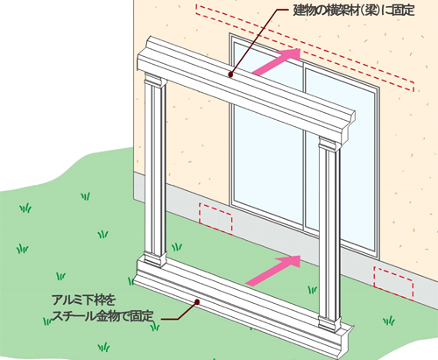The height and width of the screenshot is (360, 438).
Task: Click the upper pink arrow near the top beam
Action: click(x=276, y=61)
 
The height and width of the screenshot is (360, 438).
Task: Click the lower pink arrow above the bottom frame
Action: click(x=273, y=270)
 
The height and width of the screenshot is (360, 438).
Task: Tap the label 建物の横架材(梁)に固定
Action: click(x=354, y=11)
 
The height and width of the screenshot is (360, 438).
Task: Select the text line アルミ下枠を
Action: click(x=84, y=300)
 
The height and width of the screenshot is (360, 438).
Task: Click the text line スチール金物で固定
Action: click(x=102, y=316)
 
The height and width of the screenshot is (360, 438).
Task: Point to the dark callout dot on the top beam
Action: click(x=230, y=74)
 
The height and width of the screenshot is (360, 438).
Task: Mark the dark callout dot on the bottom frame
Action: click(x=197, y=302)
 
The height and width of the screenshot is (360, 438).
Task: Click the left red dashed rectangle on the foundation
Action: click(x=215, y=219)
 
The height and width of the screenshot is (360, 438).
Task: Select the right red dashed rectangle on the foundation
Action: click(x=393, y=283)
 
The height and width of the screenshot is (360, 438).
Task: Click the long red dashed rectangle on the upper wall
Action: click(x=305, y=47)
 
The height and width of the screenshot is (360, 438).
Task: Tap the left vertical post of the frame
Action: click(x=155, y=170)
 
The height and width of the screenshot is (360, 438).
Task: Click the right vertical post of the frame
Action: click(x=329, y=234)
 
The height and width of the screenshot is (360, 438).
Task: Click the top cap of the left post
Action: click(x=155, y=81)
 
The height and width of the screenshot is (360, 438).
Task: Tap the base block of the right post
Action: click(x=329, y=323)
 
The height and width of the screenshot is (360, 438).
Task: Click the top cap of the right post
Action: click(x=329, y=144)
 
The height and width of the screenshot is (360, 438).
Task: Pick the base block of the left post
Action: click(x=155, y=259)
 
